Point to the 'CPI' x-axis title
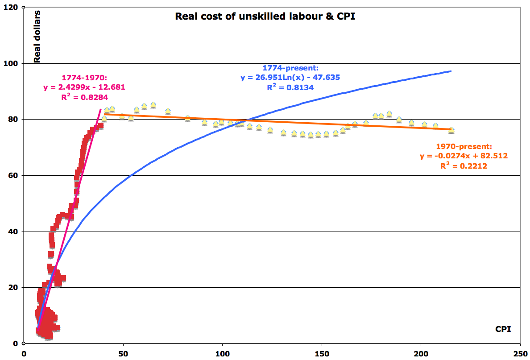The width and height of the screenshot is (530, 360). coord(503,329)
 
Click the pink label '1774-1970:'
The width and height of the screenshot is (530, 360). coord(84,78)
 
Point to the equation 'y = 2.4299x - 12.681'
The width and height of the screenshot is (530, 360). coord(84,87)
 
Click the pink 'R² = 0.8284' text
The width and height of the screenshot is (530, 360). coord(84,96)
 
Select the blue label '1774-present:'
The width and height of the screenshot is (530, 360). coord(290,68)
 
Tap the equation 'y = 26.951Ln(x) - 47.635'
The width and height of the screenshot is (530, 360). coord(290,78)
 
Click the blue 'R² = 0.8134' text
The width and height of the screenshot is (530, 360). coord(290,87)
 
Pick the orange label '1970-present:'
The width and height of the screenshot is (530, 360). coord(464,146)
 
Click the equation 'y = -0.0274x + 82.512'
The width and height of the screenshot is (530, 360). coord(464,156)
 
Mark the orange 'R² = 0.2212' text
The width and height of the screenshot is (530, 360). coord(464,166)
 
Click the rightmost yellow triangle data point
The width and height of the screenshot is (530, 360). coord(451,130)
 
